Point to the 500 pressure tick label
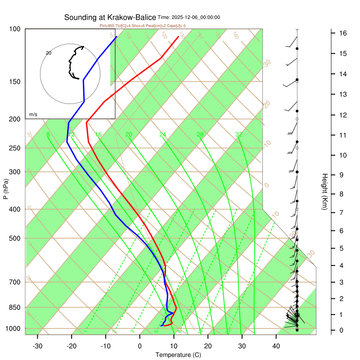15,238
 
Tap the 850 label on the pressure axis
15,308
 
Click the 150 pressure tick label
15,82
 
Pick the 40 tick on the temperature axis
276,346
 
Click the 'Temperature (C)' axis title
178,355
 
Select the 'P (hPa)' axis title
5,189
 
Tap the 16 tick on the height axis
342,33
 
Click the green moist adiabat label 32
239,135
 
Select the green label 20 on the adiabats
129,135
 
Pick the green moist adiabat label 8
48,135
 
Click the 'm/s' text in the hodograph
33,115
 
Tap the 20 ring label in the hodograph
49,53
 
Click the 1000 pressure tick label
13,329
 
